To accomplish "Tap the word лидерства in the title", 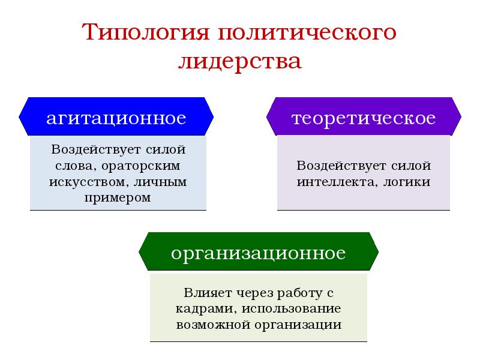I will pos(239,61).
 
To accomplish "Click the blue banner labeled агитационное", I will pos(116,118).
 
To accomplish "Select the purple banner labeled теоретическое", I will pos(363,118).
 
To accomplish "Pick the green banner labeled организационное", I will pos(258,253).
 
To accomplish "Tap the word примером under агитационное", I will pos(118,196).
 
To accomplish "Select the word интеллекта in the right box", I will pos(331,181).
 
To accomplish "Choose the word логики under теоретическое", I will pos(404,181).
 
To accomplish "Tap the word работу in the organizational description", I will pos(298,293).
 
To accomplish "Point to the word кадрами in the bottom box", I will pos(197,309).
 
